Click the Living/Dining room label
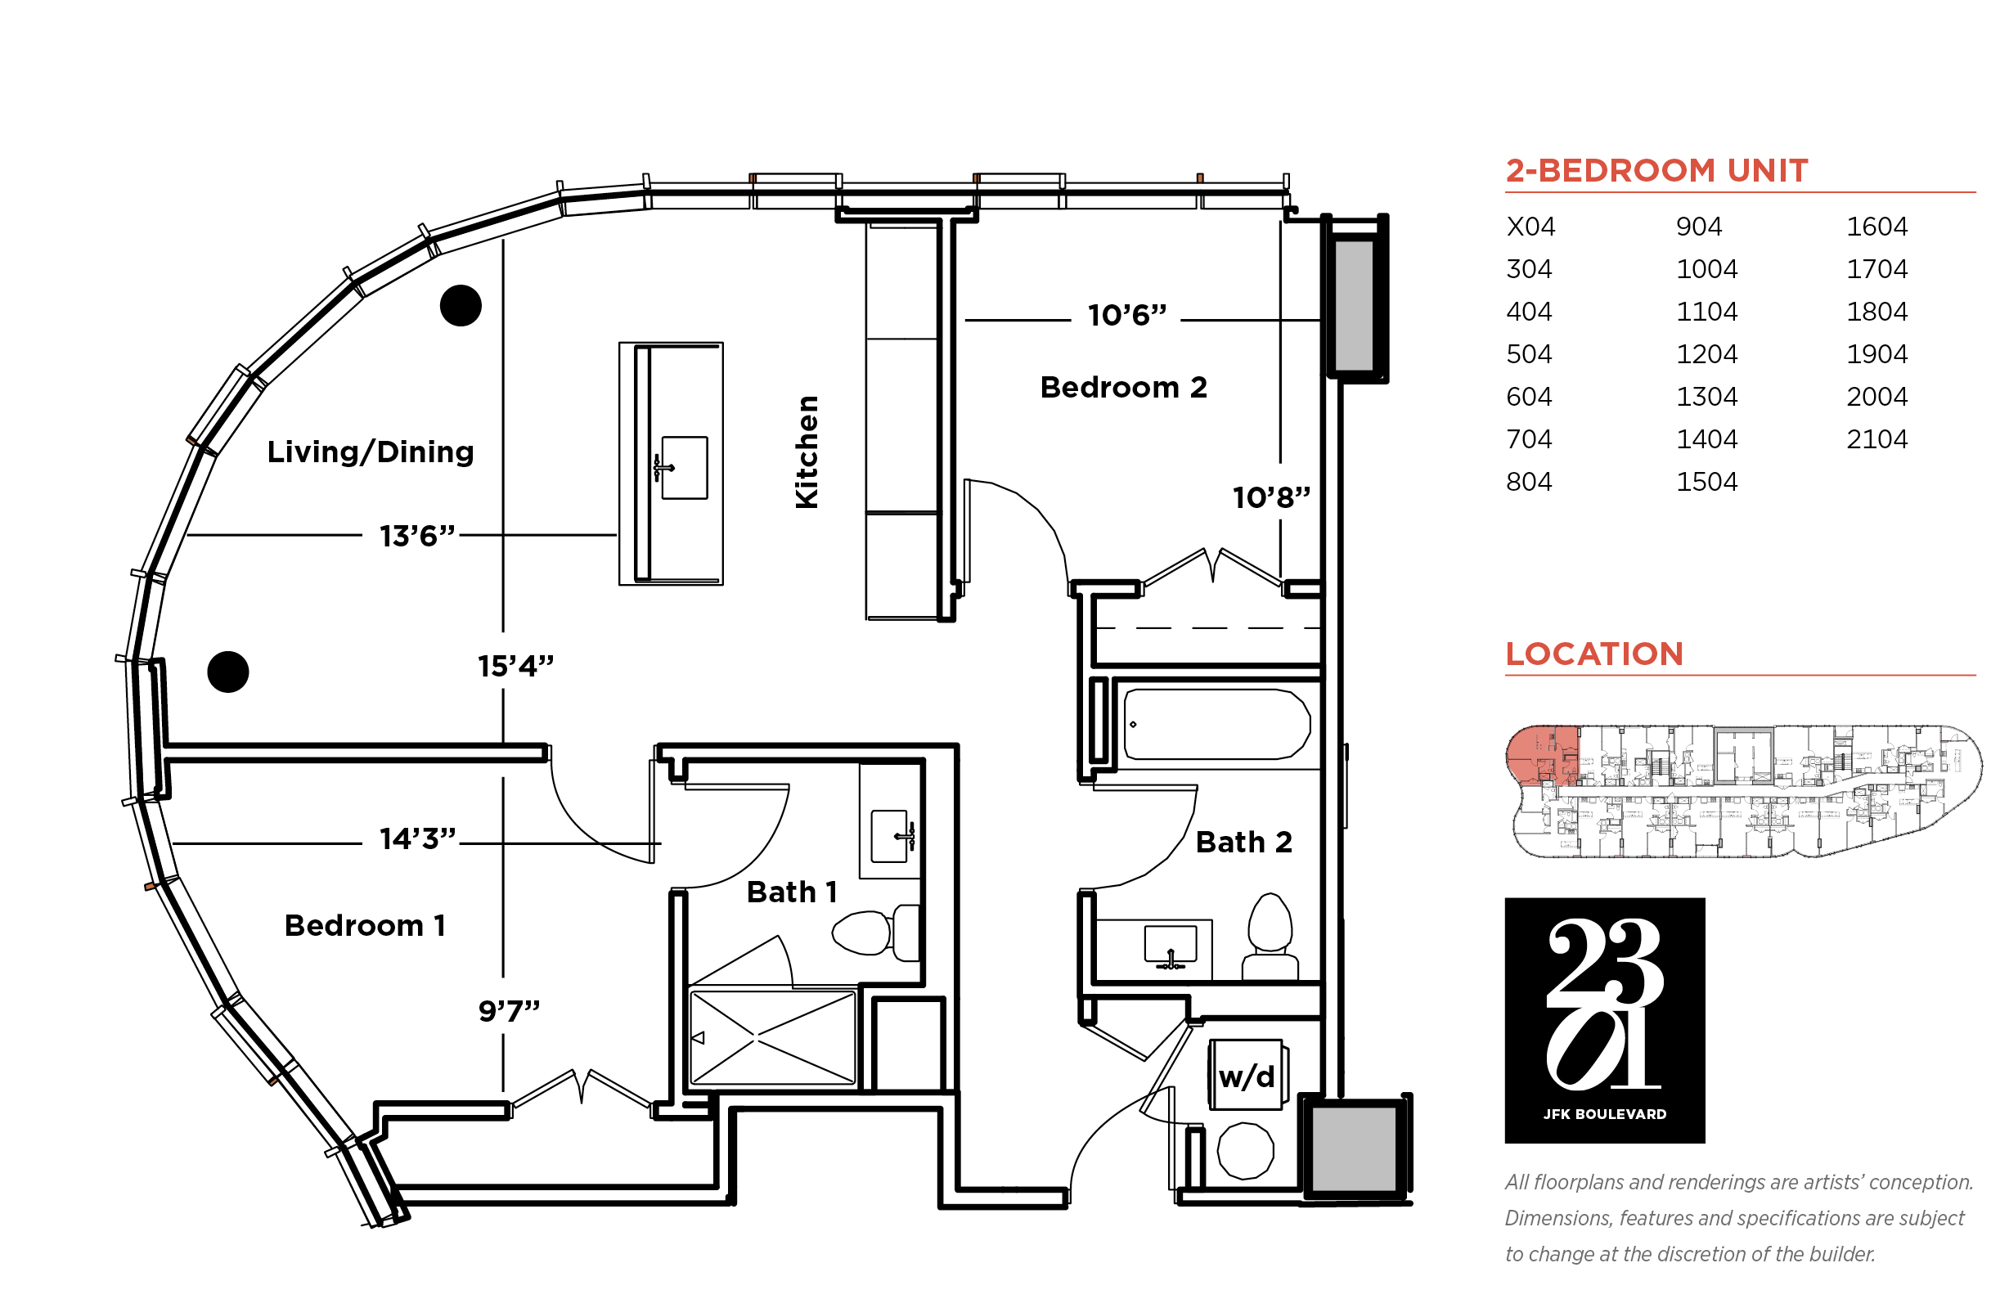click(x=371, y=452)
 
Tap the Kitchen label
click(x=807, y=452)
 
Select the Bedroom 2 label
click(x=1123, y=387)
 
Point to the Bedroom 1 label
click(x=364, y=925)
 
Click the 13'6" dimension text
click(x=417, y=536)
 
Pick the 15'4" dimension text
click(x=515, y=666)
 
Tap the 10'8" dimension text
click(x=1271, y=497)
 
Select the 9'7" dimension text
click(x=509, y=1009)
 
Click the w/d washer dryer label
click(x=1247, y=1077)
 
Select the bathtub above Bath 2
click(x=1216, y=724)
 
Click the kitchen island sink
click(x=683, y=467)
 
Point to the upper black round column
click(x=461, y=305)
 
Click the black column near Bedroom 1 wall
click(x=227, y=672)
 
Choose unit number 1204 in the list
click(x=1706, y=353)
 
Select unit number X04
click(x=1530, y=226)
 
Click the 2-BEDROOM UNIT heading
click(x=1656, y=170)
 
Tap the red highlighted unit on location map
click(x=1542, y=754)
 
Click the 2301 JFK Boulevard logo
click(x=1604, y=1020)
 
